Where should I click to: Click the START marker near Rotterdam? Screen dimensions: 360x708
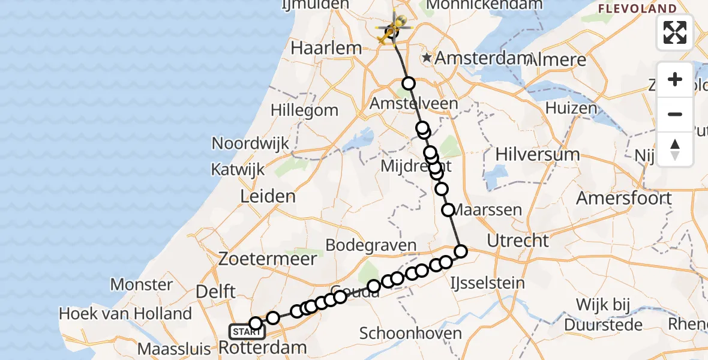coord(247,331)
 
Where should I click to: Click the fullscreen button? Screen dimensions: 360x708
coord(675,32)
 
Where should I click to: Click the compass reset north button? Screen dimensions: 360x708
coord(675,149)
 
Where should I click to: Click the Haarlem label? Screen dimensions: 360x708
coord(326,48)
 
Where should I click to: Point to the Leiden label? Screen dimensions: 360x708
coord(268,196)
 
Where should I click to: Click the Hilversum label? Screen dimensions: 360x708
coord(538,154)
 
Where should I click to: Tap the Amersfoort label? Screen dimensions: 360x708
coord(624,197)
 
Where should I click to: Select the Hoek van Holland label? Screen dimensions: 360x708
coord(125,313)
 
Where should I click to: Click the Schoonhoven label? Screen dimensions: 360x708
coord(411,334)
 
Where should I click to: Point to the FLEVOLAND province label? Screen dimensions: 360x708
coord(637,8)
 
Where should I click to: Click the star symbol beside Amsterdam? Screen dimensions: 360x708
coord(427,58)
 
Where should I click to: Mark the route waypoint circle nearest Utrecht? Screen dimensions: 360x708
coord(461,251)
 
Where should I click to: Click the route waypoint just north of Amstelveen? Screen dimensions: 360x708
coord(409,83)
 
